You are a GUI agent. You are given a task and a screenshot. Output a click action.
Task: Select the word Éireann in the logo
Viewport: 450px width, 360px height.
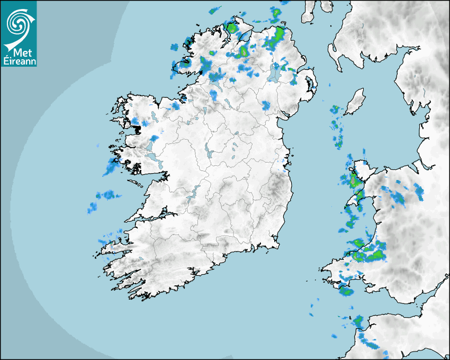[19, 61]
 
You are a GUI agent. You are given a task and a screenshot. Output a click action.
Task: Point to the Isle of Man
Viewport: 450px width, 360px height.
[355, 101]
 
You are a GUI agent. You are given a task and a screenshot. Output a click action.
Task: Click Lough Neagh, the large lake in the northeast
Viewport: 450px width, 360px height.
[274, 73]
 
